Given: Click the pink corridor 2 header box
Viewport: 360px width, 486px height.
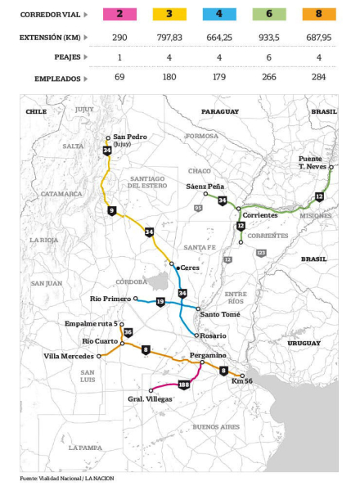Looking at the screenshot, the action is pos(119,14).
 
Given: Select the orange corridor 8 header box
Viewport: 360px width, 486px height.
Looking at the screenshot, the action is pos(319,14).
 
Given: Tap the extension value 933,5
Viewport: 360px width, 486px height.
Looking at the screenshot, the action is pos(269,38).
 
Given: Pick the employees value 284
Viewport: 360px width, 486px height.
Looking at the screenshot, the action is pos(319,77).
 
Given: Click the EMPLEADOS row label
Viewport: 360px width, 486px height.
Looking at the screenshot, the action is pos(57,79).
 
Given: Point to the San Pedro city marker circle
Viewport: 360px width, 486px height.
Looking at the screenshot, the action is pos(108,138).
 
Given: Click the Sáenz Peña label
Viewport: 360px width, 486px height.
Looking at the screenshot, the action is pos(205,187).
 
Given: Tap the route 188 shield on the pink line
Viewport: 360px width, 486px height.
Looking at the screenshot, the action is pos(184,385).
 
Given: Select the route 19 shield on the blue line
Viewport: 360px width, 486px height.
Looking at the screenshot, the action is pos(160,302).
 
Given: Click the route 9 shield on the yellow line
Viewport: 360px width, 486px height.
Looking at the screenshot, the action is pos(112,211).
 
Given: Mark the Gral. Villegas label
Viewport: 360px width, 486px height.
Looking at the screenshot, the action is pos(150,399).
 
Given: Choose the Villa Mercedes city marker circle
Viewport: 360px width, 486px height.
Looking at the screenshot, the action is pos(99,357).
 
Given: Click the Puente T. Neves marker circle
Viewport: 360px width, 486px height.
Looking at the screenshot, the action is pos(331,167).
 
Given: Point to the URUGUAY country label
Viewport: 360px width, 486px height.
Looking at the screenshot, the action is pos(304,343).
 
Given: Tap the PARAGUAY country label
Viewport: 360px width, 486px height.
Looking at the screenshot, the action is pos(220,111).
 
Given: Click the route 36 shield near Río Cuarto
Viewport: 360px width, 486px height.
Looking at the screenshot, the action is pos(128,332).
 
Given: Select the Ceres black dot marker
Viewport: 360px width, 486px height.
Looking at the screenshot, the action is pos(178,268).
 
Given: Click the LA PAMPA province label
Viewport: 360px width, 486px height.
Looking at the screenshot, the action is pos(85,448).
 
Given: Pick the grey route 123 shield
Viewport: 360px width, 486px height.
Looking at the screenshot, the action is pos(261,254).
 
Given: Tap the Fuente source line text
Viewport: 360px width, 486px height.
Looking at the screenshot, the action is pos(67,479).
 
